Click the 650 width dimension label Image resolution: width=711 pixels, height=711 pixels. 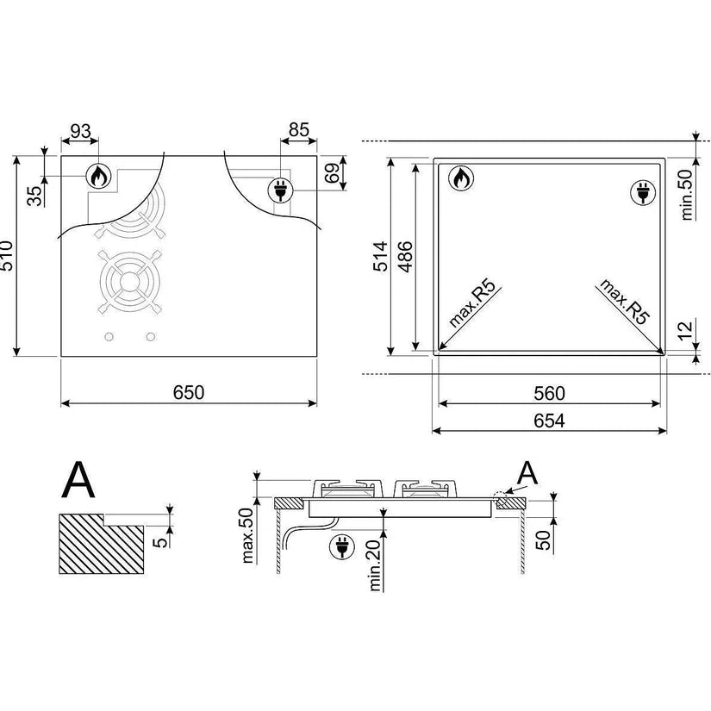click(189, 392)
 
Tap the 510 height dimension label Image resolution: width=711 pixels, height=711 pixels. click(7, 256)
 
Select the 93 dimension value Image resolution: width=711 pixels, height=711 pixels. click(81, 131)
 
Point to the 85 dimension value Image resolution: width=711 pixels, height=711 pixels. click(299, 130)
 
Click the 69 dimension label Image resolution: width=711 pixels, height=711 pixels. click(334, 172)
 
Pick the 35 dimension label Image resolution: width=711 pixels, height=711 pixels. click(34, 196)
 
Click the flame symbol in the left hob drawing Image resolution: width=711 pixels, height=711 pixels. click(99, 176)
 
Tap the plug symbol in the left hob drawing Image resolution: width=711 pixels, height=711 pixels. click(281, 190)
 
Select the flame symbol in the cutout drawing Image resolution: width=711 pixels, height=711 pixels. click(461, 178)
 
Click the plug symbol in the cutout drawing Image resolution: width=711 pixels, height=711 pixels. click(644, 193)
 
